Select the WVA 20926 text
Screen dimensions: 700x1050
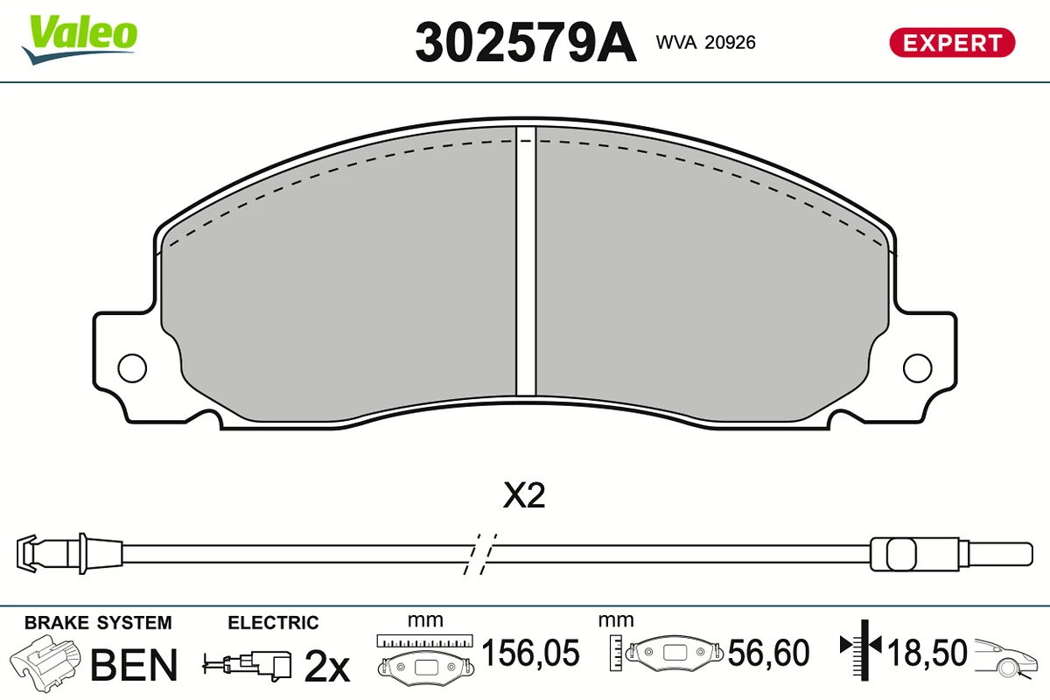click(705, 42)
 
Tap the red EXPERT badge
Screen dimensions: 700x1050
click(952, 42)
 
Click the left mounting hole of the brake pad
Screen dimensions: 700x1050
click(132, 367)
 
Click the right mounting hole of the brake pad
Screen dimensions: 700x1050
click(918, 367)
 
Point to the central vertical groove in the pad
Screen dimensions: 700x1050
click(525, 262)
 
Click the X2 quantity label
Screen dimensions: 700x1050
click(525, 497)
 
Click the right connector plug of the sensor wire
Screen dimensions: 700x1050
click(901, 553)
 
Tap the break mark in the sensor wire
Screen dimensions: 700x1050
click(479, 553)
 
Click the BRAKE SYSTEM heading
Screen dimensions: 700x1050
click(98, 623)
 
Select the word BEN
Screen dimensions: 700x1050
click(134, 665)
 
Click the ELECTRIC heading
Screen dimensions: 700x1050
click(273, 623)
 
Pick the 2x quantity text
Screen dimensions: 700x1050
click(326, 667)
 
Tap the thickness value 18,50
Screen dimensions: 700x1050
click(928, 654)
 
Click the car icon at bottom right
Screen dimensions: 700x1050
click(1009, 656)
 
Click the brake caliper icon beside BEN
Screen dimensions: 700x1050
click(48, 663)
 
